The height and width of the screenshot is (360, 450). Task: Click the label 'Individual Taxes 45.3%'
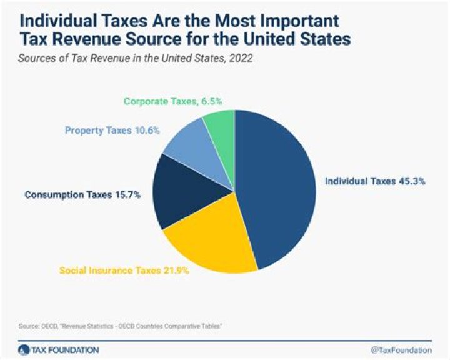(x=375, y=181)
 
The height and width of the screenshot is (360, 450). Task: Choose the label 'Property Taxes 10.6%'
(x=112, y=131)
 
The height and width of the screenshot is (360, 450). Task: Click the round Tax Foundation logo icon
(x=24, y=349)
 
